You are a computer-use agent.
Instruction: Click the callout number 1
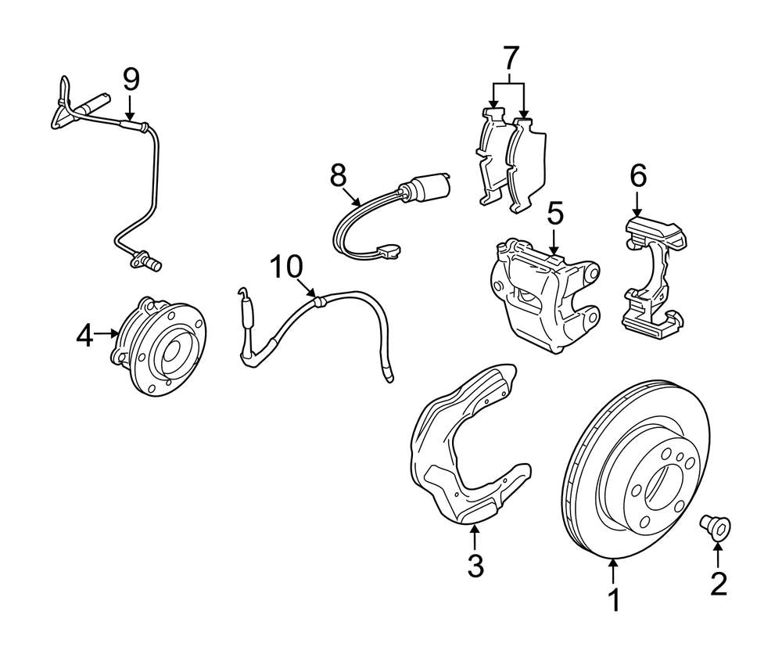click(614, 600)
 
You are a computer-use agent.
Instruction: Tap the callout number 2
click(718, 583)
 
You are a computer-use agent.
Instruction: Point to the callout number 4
click(85, 336)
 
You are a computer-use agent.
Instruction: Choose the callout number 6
click(638, 177)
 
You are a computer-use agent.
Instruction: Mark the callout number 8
click(338, 176)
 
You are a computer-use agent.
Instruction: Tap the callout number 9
click(131, 78)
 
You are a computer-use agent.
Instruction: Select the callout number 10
click(287, 267)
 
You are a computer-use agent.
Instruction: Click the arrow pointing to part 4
click(108, 335)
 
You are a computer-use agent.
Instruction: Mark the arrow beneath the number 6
click(638, 205)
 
